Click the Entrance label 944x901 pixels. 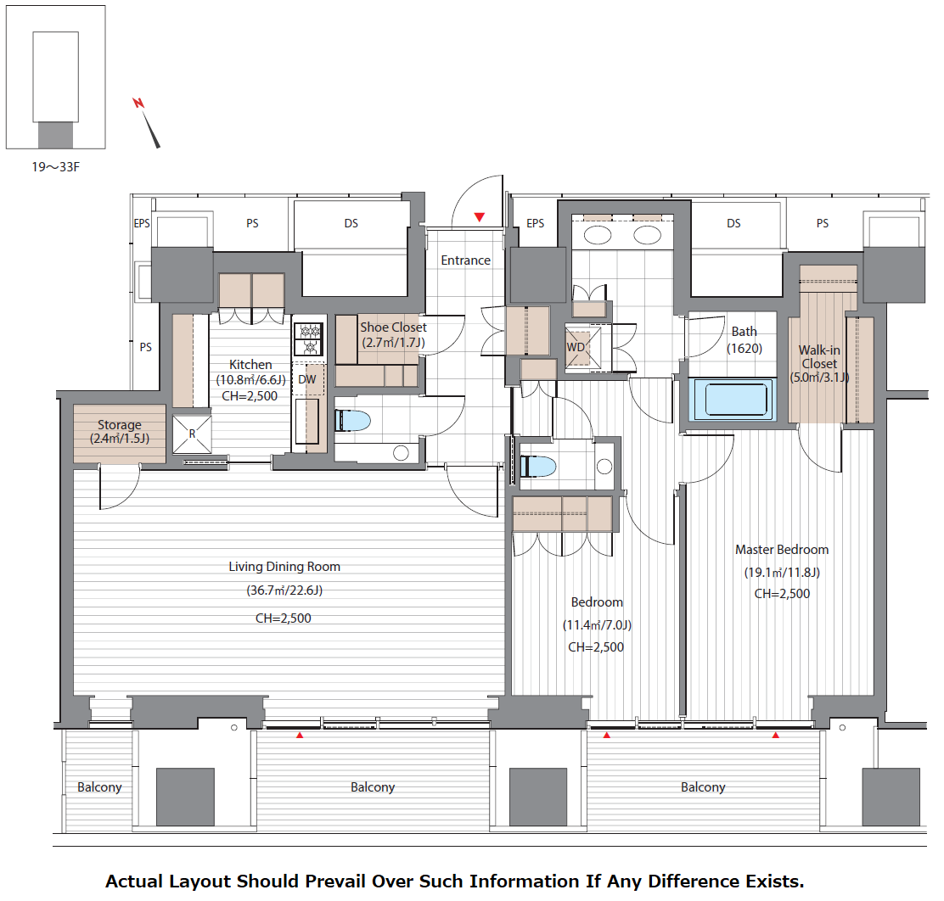pos(465,260)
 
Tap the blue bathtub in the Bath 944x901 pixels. pos(732,400)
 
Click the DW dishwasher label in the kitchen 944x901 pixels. pos(307,380)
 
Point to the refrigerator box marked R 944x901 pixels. pos(192,434)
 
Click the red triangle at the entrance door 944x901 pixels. pos(480,217)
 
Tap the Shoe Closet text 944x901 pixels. pos(393,327)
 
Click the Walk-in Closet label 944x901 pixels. pos(818,357)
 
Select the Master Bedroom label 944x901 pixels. pos(782,550)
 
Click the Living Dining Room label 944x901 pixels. pos(284,567)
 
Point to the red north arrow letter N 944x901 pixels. pos(138,103)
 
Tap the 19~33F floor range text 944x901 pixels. pos(55,167)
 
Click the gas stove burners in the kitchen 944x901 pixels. pos(308,339)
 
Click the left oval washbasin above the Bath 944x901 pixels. pos(598,235)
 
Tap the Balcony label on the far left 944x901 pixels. pos(99,787)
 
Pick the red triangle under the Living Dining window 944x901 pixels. pos(299,736)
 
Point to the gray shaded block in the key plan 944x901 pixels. pos(55,135)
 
